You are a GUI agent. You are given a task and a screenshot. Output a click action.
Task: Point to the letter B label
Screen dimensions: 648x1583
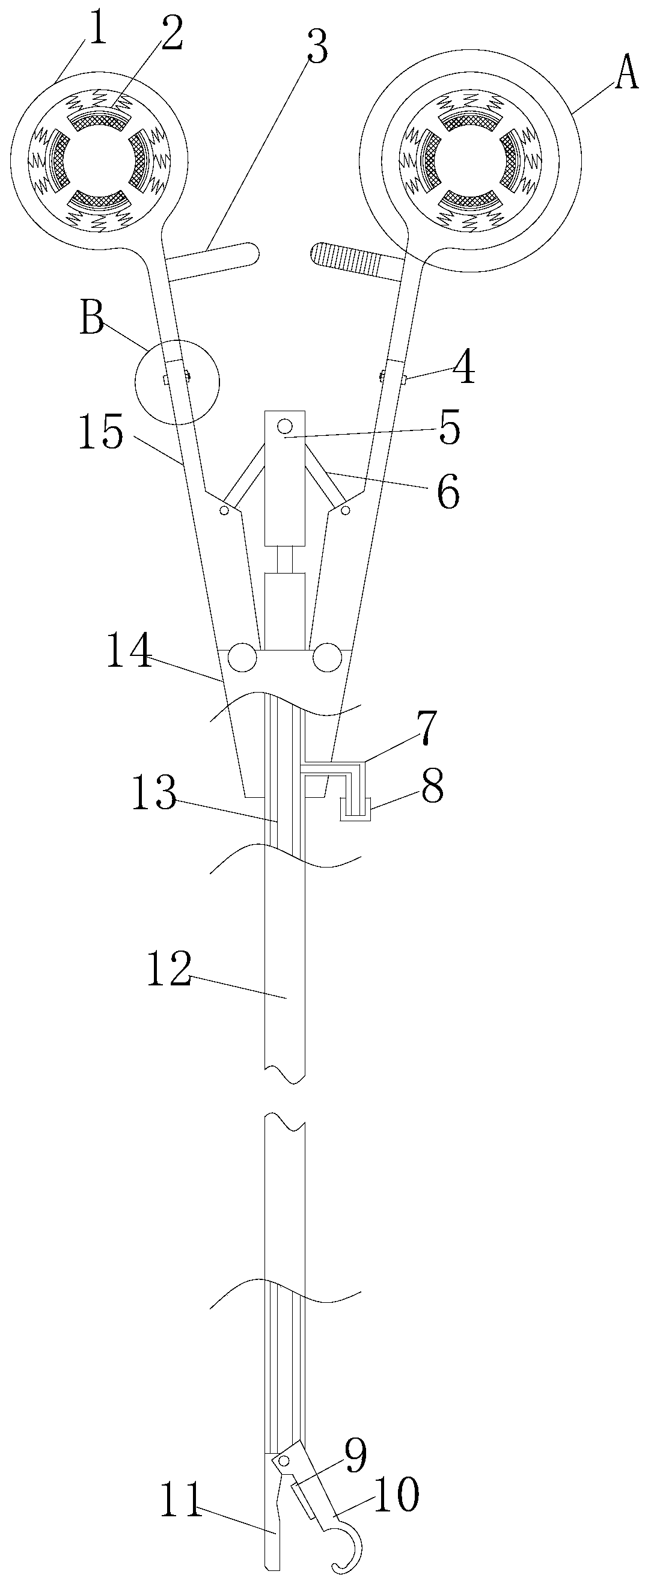[93, 320]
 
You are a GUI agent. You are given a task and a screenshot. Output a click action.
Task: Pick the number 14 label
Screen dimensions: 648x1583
[129, 652]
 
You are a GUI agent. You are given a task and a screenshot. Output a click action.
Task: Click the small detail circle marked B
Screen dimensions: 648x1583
[177, 381]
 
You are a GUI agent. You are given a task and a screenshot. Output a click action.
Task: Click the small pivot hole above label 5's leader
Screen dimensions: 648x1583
[284, 425]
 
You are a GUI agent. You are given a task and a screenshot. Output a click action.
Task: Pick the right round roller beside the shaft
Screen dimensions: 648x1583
[327, 658]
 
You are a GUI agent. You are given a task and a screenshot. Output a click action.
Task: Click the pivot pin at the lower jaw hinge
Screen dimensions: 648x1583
[284, 1460]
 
